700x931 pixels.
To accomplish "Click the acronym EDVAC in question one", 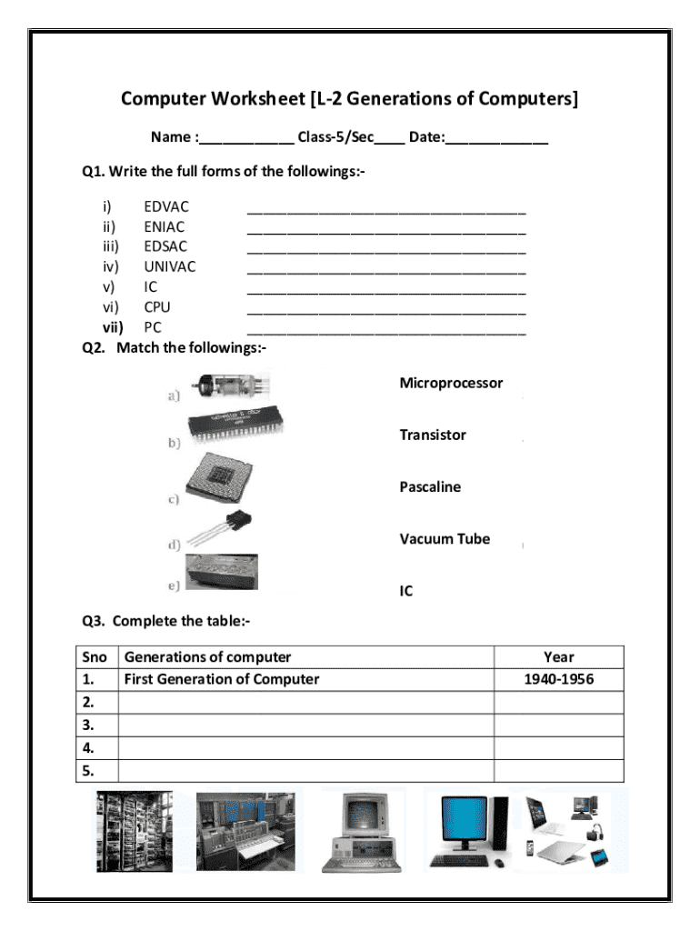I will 166,207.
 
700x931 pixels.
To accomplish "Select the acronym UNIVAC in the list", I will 169,266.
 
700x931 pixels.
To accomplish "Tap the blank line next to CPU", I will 386,310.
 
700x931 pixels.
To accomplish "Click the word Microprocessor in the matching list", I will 451,384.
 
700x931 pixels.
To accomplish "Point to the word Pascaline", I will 430,487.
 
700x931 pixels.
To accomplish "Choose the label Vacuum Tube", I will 445,539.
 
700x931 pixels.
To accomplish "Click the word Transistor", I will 433,435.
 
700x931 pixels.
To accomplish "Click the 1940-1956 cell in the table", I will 558,679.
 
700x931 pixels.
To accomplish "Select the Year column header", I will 558,656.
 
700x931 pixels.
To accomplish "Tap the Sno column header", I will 95,656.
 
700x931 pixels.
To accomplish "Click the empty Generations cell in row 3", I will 305,725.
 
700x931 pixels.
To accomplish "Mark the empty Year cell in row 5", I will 558,771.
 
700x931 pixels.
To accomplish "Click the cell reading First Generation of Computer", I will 222,679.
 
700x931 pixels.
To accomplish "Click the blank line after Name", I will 245,138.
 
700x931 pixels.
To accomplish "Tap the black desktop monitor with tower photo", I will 468,829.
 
